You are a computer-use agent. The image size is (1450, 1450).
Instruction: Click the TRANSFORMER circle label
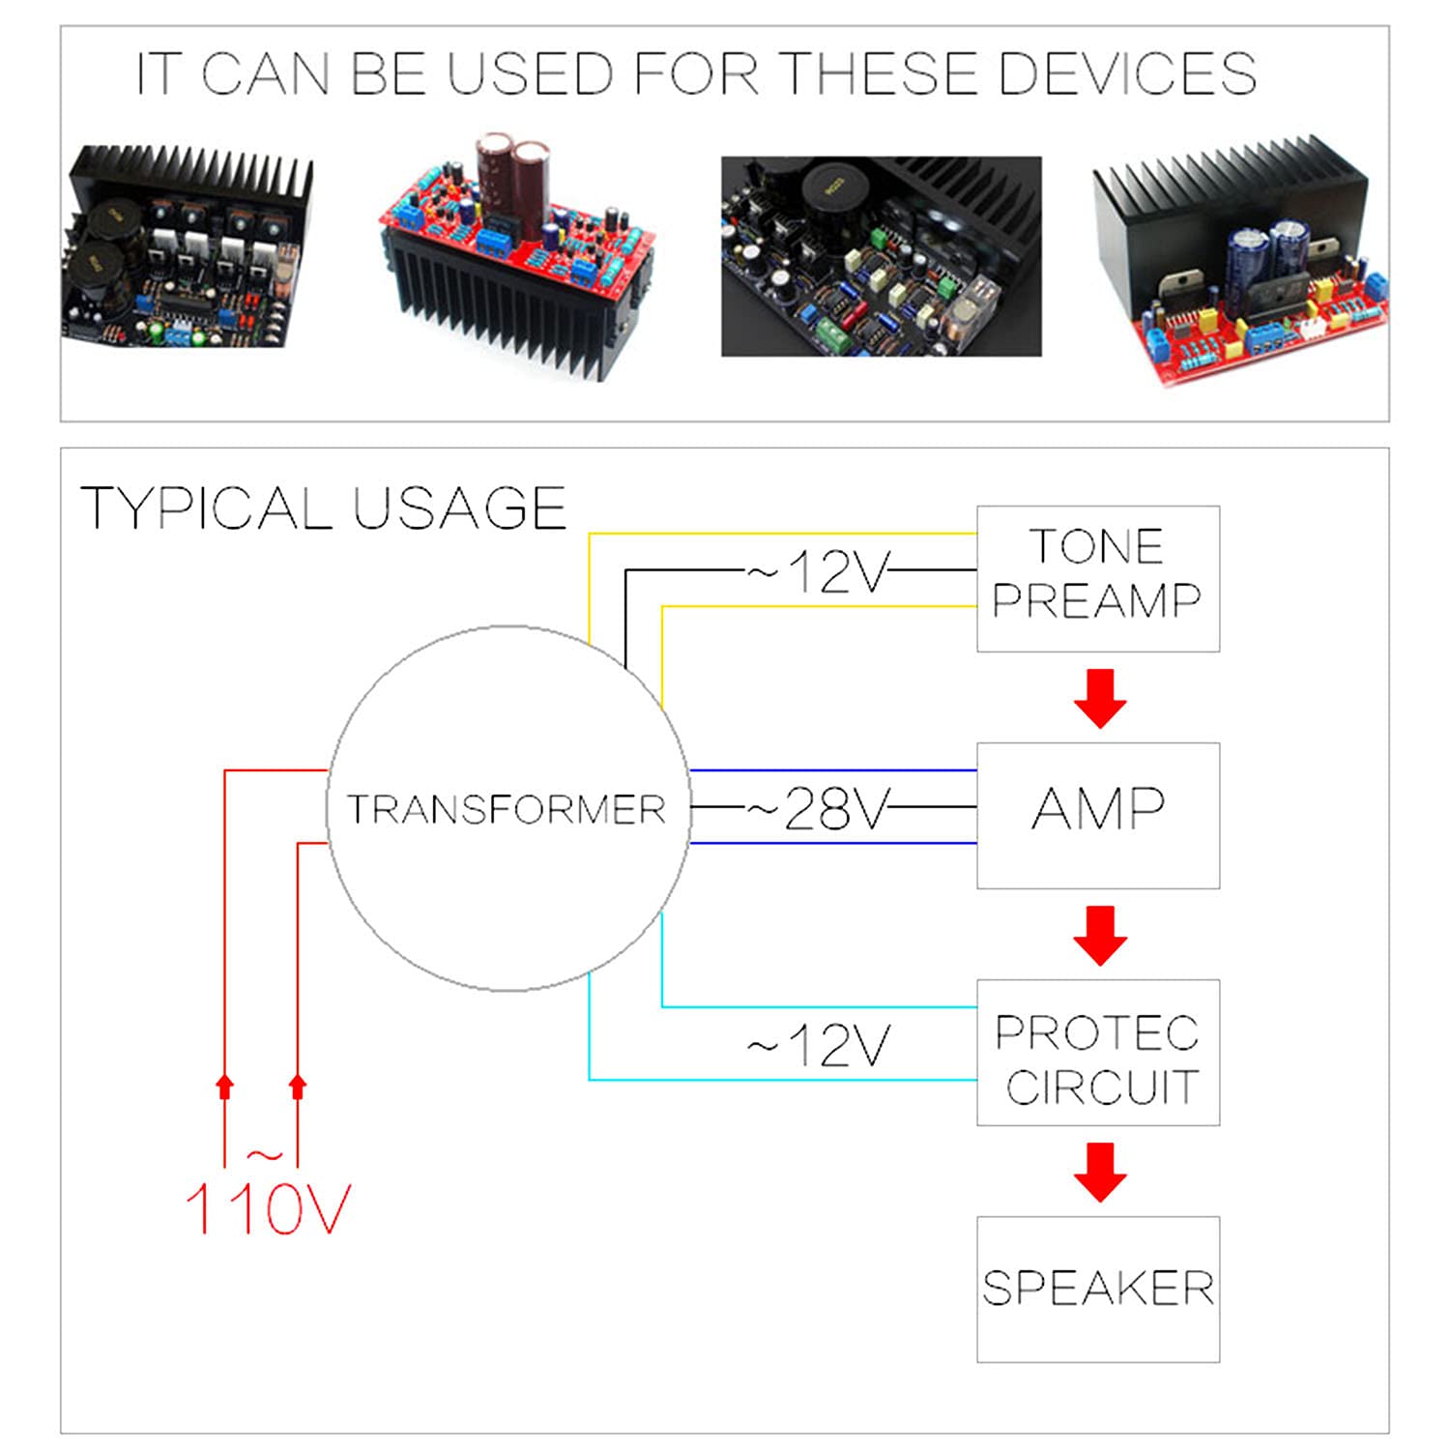coord(507,809)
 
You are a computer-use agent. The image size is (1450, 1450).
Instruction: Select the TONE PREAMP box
coord(1097,577)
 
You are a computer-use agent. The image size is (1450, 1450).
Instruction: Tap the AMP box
coord(1097,814)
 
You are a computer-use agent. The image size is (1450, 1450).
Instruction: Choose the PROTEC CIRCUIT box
coord(1097,1052)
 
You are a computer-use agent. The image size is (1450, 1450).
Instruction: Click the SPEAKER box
coord(1097,1289)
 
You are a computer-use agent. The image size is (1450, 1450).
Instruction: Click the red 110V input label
coord(268,1207)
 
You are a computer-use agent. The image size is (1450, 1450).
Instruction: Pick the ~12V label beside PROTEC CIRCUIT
coord(818,1045)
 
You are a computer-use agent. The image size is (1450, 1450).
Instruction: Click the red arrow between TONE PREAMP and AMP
coord(1100,697)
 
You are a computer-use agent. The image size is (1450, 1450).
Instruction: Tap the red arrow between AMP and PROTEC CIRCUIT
coord(1100,934)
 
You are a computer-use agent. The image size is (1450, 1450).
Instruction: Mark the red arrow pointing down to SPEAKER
coord(1100,1171)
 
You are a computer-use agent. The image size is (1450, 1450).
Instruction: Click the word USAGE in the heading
coord(459,508)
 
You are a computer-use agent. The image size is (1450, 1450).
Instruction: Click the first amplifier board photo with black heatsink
coord(188,246)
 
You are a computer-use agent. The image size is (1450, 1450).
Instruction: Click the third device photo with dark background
coord(881,256)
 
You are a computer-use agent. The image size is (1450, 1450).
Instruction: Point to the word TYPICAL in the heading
coord(206,508)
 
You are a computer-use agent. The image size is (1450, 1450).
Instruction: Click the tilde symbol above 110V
coord(264,1154)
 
